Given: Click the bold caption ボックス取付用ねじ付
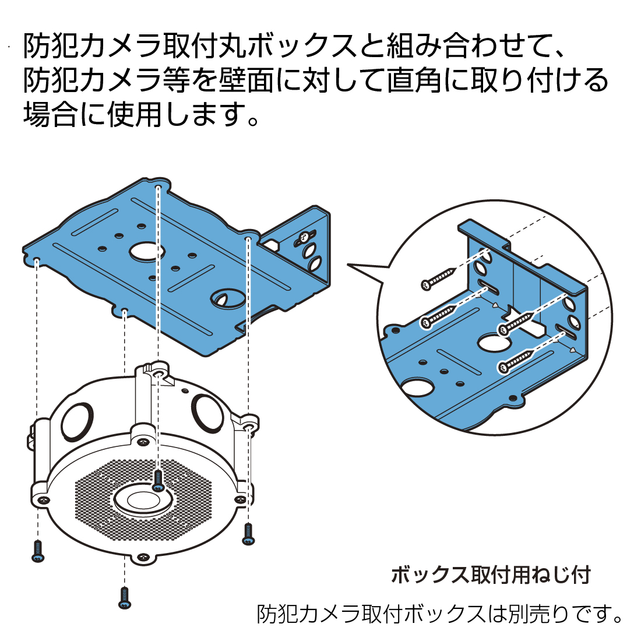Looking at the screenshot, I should pos(491,575).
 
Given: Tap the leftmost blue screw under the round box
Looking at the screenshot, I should pos(38,551).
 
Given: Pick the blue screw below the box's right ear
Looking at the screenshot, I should pos(249,534).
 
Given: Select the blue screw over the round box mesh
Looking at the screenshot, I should pos(157,481).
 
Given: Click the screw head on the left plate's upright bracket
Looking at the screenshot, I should pos(305,237).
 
